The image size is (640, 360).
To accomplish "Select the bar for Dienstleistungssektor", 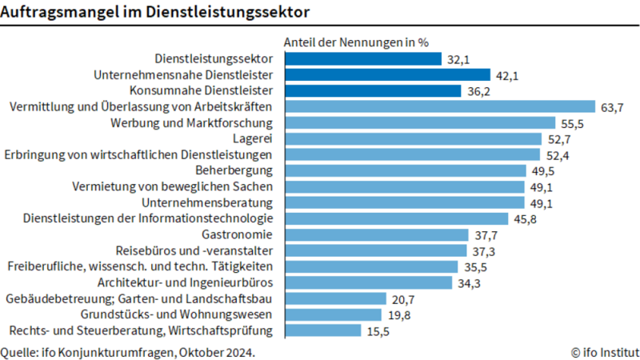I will point(361,58).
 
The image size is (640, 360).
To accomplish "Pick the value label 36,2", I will point(478,90).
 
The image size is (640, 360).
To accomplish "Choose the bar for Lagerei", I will point(411,138).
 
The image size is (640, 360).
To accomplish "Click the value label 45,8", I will point(523,218).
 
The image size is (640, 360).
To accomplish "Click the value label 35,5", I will point(474,266).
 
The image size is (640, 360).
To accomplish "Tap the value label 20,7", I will point(402,298).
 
